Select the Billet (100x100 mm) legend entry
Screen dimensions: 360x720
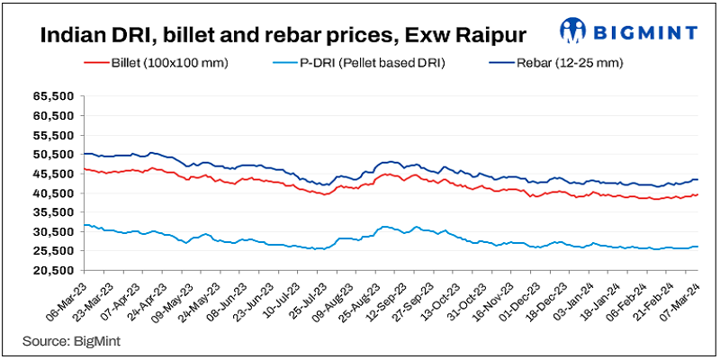pos(157,64)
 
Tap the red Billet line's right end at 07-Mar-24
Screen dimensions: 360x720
pos(698,194)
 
